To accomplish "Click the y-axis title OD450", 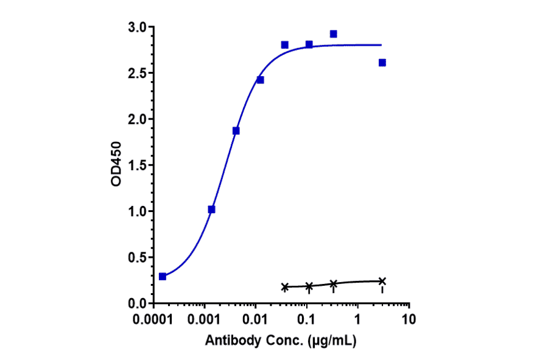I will click(x=117, y=165).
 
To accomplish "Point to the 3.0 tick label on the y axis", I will click(x=137, y=27).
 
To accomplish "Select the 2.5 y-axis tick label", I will click(x=137, y=74).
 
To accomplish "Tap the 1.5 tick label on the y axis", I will click(x=137, y=166).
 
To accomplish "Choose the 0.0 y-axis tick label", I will click(x=137, y=303).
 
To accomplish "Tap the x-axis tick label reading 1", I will click(x=358, y=319).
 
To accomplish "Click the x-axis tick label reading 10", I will click(x=409, y=319).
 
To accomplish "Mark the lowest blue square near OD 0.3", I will click(x=163, y=276).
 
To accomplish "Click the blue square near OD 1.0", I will click(x=211, y=209).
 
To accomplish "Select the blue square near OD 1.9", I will click(x=236, y=130).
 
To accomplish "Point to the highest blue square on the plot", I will click(x=333, y=34).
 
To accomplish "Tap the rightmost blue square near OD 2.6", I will click(x=382, y=63).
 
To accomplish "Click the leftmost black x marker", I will click(x=284, y=286).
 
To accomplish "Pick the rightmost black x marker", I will click(x=382, y=281).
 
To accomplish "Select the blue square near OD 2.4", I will click(x=260, y=80).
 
